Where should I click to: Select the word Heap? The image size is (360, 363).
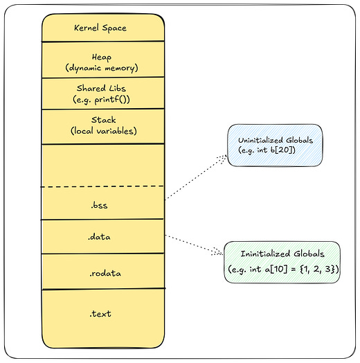pos(102,56)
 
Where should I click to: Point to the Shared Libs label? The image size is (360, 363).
pos(102,88)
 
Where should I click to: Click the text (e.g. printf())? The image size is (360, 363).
pos(102,99)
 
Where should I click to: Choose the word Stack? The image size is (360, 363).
pos(102,120)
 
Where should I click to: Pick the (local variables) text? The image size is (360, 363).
pos(102,131)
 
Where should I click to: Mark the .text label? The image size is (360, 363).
pos(100,314)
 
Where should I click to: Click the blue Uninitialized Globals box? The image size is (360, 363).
pos(276,146)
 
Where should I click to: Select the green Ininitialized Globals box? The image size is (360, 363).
pos(284,261)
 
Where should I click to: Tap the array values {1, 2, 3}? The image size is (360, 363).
pos(318,269)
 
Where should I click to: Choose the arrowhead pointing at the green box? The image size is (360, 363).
pos(221,252)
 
